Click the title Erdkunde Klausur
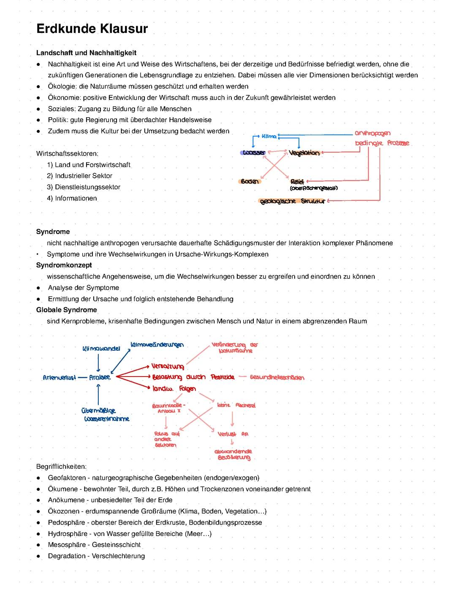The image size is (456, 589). pyautogui.click(x=92, y=29)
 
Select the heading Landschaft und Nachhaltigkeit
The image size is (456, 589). pyautogui.click(x=86, y=53)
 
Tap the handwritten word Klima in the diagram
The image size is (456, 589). pyautogui.click(x=269, y=136)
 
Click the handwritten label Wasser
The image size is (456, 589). pyautogui.click(x=253, y=153)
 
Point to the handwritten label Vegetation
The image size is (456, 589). pyautogui.click(x=304, y=153)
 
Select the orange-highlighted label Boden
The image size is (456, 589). pyautogui.click(x=250, y=181)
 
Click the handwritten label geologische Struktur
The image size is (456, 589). pyautogui.click(x=293, y=202)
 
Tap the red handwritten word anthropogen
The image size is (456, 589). pyautogui.click(x=372, y=133)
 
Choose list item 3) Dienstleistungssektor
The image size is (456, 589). pyautogui.click(x=84, y=187)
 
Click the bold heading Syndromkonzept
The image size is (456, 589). pyautogui.click(x=64, y=265)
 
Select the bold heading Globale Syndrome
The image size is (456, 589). pyautogui.click(x=66, y=310)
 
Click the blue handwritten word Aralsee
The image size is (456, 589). pyautogui.click(x=100, y=377)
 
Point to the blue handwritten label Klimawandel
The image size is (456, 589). pyautogui.click(x=101, y=349)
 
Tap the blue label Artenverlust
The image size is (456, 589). pyautogui.click(x=59, y=378)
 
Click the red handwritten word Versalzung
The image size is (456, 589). pyautogui.click(x=168, y=366)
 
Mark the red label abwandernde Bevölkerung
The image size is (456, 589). pyautogui.click(x=233, y=454)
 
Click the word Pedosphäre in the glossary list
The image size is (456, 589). pyautogui.click(x=68, y=522)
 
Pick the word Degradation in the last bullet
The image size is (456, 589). pyautogui.click(x=67, y=556)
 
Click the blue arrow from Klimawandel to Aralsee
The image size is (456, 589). pyautogui.click(x=98, y=363)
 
